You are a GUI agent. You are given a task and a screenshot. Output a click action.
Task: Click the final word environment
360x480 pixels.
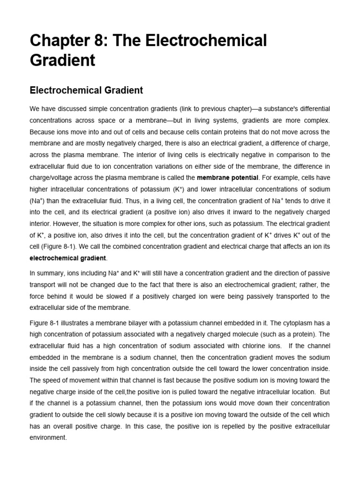pyautogui.click(x=48, y=437)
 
